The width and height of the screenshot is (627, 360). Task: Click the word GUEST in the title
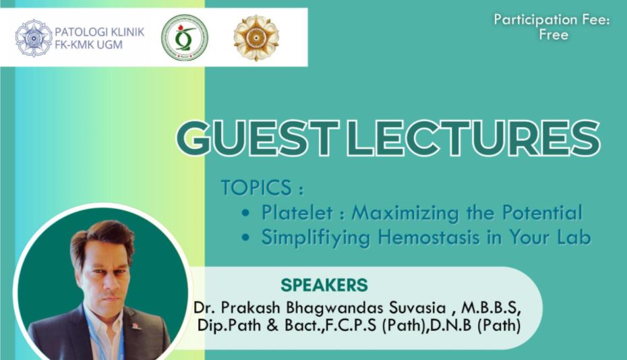click(258, 138)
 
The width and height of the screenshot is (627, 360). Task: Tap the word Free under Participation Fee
click(554, 35)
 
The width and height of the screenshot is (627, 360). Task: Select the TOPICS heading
click(262, 187)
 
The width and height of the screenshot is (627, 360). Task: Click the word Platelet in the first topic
click(297, 212)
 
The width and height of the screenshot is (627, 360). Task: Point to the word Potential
click(542, 212)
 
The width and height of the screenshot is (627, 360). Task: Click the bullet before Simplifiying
click(245, 238)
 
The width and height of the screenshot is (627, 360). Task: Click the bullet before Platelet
click(245, 213)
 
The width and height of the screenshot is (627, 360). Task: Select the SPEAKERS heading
click(324, 285)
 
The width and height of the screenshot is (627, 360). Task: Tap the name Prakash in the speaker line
click(250, 307)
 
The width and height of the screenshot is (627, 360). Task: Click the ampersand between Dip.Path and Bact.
click(272, 325)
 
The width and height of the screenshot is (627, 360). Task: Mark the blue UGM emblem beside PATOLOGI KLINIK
click(34, 38)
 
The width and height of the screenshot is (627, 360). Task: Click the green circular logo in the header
click(184, 38)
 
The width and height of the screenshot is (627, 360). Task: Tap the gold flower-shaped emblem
click(256, 38)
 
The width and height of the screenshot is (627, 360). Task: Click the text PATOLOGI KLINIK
click(99, 32)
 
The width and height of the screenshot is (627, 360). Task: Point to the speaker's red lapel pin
click(136, 326)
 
